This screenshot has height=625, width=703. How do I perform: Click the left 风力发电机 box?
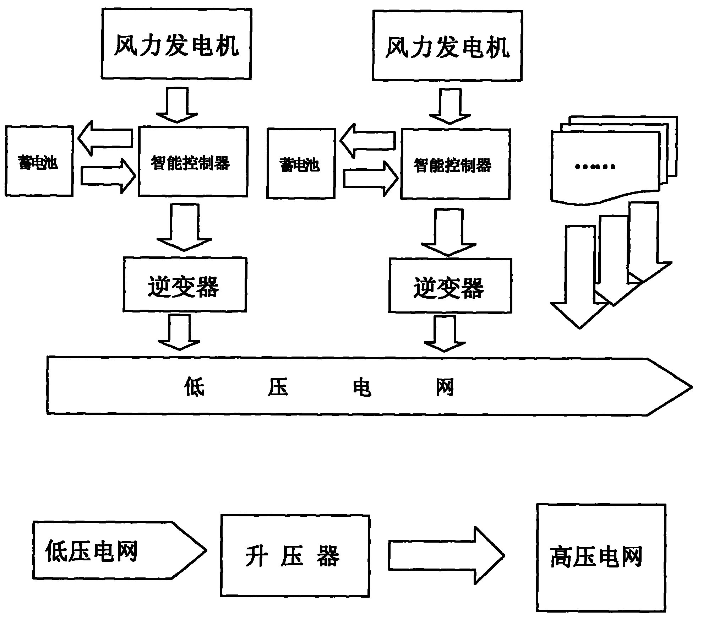pos(176,44)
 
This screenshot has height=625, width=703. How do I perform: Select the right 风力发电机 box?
pos(447,46)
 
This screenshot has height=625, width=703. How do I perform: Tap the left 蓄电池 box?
pos(39,161)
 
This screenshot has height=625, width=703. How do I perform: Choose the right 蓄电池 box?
pos(301,163)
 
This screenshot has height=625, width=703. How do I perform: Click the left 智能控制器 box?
pos(193,162)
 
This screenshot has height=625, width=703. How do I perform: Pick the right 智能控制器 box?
pos(455,164)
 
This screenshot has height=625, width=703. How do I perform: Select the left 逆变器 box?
pos(185,284)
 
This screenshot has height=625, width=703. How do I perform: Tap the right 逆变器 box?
pos(450,286)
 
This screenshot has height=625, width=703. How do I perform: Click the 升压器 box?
pos(295,556)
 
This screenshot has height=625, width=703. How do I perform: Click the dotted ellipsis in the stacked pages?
pos(595,166)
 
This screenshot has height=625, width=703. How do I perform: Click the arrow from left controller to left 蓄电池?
pos(105,138)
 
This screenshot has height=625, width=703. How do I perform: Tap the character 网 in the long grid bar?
pos(445,387)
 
